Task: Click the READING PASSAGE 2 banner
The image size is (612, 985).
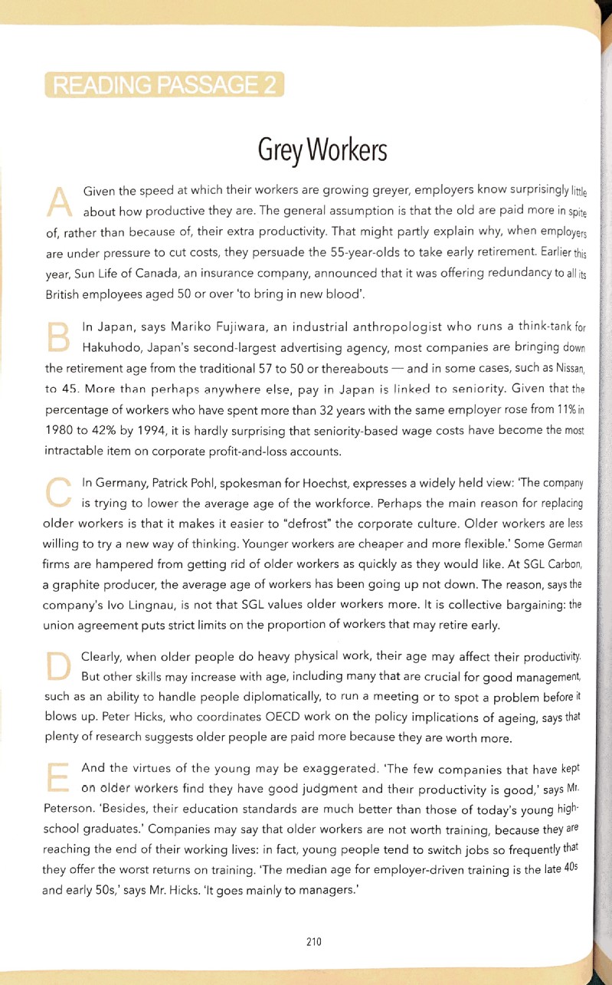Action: point(165,84)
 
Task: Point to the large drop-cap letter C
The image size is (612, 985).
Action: point(59,492)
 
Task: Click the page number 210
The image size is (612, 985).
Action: point(313,941)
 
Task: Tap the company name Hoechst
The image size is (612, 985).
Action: point(304,484)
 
